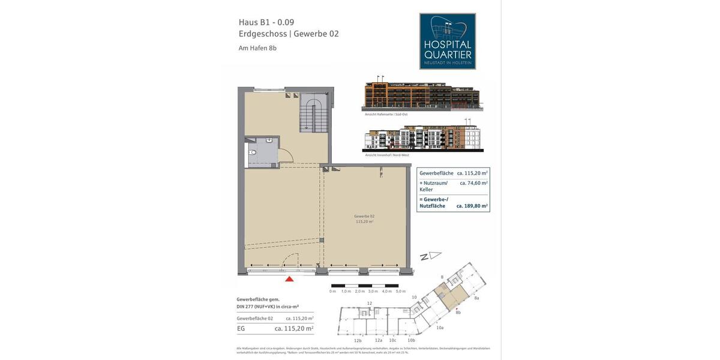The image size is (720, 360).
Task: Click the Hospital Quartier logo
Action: (448, 41)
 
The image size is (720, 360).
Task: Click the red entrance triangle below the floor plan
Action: (289, 278)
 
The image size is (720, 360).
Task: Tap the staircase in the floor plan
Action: (314, 114)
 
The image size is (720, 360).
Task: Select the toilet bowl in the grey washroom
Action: (253, 153)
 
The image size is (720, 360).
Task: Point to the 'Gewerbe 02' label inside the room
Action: (364, 216)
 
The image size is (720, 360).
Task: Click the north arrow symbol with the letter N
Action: (430, 256)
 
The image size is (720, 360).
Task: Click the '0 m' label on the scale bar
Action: (332, 291)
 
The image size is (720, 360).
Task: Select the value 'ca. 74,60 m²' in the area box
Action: (473, 182)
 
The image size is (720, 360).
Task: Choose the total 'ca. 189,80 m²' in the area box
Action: (472, 206)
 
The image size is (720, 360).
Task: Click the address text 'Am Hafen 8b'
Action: (257, 48)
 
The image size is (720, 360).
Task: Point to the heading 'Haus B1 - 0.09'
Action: (266, 22)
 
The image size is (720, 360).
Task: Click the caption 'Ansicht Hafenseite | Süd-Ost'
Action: (385, 114)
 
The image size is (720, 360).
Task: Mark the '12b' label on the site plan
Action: (358, 341)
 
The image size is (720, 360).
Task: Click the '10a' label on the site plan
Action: (440, 328)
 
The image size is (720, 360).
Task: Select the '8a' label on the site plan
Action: (476, 298)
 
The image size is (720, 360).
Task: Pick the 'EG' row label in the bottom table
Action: (241, 328)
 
